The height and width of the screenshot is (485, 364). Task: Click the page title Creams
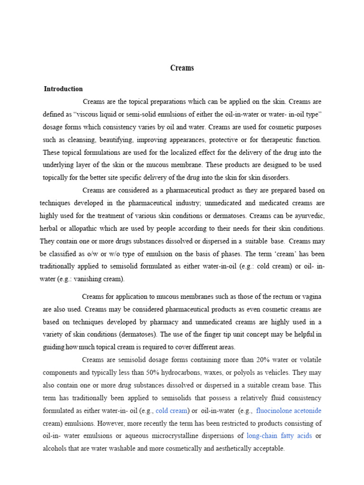tap(182, 68)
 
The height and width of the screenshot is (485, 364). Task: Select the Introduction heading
tap(63, 89)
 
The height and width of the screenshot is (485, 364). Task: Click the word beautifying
tap(107, 140)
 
